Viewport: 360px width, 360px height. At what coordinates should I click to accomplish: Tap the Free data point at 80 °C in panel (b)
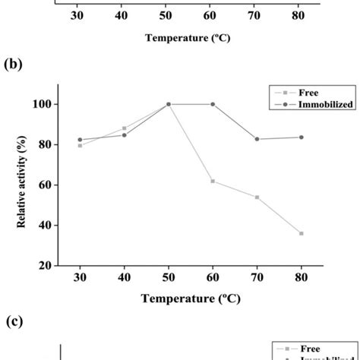pos(302,233)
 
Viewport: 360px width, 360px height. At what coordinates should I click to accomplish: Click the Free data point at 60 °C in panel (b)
pos(213,181)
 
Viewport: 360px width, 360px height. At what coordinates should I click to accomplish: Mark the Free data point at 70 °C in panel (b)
pos(257,197)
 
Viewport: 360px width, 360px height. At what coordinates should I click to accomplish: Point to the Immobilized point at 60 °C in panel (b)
pos(213,104)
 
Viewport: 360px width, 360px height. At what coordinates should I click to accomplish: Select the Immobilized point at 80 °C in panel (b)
pos(302,137)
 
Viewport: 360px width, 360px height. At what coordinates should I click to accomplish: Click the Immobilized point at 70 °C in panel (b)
pos(257,139)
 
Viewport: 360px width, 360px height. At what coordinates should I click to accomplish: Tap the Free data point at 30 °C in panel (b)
pos(80,145)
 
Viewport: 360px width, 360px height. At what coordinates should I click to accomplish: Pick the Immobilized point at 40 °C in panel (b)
pos(124,135)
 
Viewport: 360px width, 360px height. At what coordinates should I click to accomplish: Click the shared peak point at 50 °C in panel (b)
pos(169,104)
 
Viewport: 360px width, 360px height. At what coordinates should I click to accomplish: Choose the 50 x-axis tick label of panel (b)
pos(169,278)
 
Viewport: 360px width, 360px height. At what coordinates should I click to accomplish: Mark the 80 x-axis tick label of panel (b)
pos(302,278)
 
